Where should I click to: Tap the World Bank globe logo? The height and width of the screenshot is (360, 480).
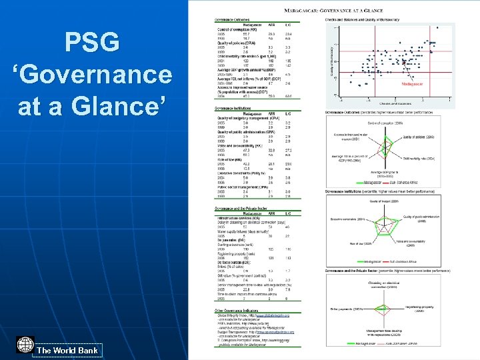click(x=25, y=345)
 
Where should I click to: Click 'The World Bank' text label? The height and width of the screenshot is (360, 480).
click(x=67, y=350)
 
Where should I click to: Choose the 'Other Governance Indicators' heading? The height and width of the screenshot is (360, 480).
click(x=236, y=310)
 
